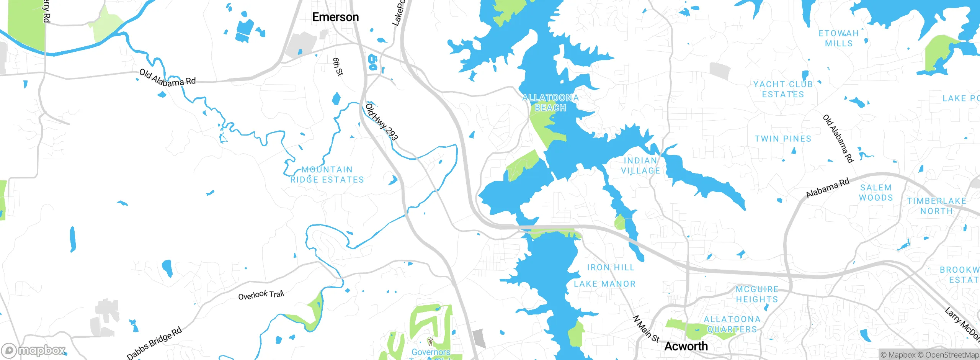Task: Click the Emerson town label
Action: click(x=335, y=17)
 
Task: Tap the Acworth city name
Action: click(x=686, y=346)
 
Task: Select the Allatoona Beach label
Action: click(x=550, y=103)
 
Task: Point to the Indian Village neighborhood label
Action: click(x=640, y=165)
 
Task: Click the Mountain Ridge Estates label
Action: click(x=327, y=175)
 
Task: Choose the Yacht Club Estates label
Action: click(x=783, y=89)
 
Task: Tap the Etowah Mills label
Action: click(x=839, y=38)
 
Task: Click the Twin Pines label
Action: click(x=783, y=139)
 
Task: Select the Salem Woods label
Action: click(x=876, y=192)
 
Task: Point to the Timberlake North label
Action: click(x=936, y=206)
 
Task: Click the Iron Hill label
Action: click(x=611, y=267)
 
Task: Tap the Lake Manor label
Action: click(x=604, y=284)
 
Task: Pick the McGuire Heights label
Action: click(x=757, y=294)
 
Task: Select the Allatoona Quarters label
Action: click(x=732, y=324)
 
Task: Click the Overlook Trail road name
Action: click(x=261, y=295)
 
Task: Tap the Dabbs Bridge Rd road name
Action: click(x=154, y=343)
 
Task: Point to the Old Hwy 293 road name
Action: click(x=382, y=122)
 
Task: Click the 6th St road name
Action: click(x=338, y=67)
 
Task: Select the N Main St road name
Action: click(x=646, y=329)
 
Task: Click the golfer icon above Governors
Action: click(x=431, y=341)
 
